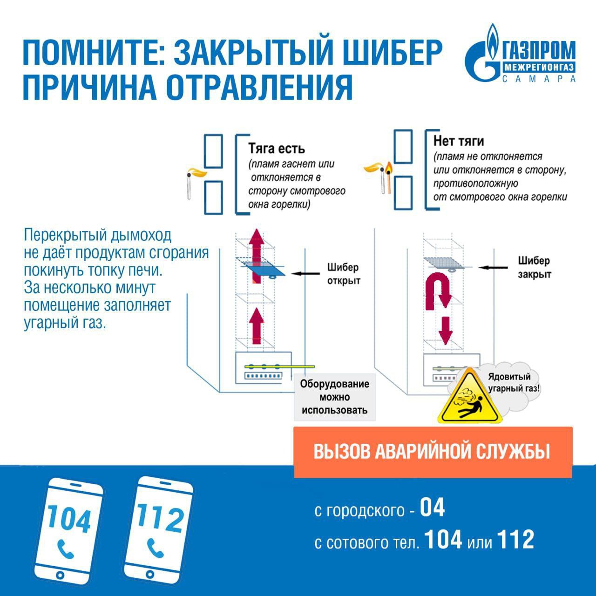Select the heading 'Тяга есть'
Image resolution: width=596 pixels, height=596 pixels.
tap(277, 149)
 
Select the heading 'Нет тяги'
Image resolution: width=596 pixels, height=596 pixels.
tap(459, 141)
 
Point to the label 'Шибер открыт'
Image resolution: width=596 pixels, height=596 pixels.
tap(343, 274)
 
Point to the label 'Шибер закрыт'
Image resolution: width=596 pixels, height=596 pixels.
tap(534, 267)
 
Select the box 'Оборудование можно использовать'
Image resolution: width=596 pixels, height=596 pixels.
tap(334, 397)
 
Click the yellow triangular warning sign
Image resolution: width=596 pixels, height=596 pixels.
tap(470, 399)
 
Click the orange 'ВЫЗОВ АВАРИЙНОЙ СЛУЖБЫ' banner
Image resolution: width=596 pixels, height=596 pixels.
tap(433, 452)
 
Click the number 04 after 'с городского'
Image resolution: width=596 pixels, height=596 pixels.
tap(433, 508)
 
